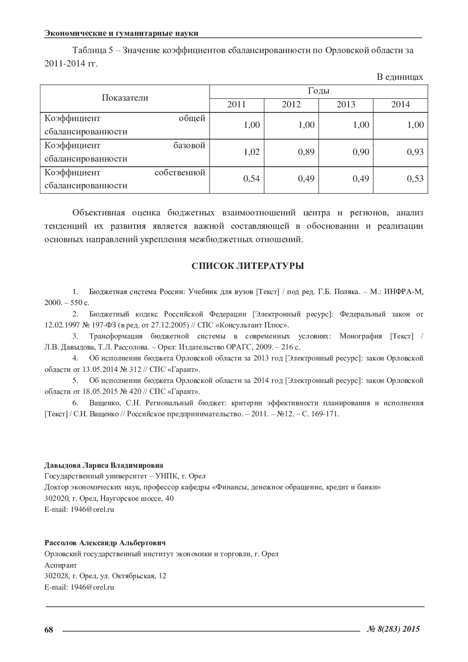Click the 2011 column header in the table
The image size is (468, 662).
(236, 104)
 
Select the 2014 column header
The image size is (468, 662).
(401, 104)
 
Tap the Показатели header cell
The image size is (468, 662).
(125, 98)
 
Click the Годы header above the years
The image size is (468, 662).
(318, 91)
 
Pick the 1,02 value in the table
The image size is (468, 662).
(252, 152)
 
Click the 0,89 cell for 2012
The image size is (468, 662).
(306, 152)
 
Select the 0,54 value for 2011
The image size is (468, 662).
(252, 179)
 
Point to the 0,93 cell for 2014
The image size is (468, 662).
(415, 152)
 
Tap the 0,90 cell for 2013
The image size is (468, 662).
(361, 152)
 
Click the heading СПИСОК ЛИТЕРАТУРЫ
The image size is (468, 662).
(248, 266)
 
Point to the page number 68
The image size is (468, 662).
(49, 629)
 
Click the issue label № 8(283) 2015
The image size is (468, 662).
(394, 629)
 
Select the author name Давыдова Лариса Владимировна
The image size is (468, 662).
(104, 466)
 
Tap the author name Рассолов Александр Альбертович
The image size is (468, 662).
(105, 543)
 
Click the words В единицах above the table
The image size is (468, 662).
(400, 77)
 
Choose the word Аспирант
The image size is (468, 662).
(61, 565)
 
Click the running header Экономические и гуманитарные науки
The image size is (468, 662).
(121, 34)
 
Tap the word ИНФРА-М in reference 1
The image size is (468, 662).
(404, 292)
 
